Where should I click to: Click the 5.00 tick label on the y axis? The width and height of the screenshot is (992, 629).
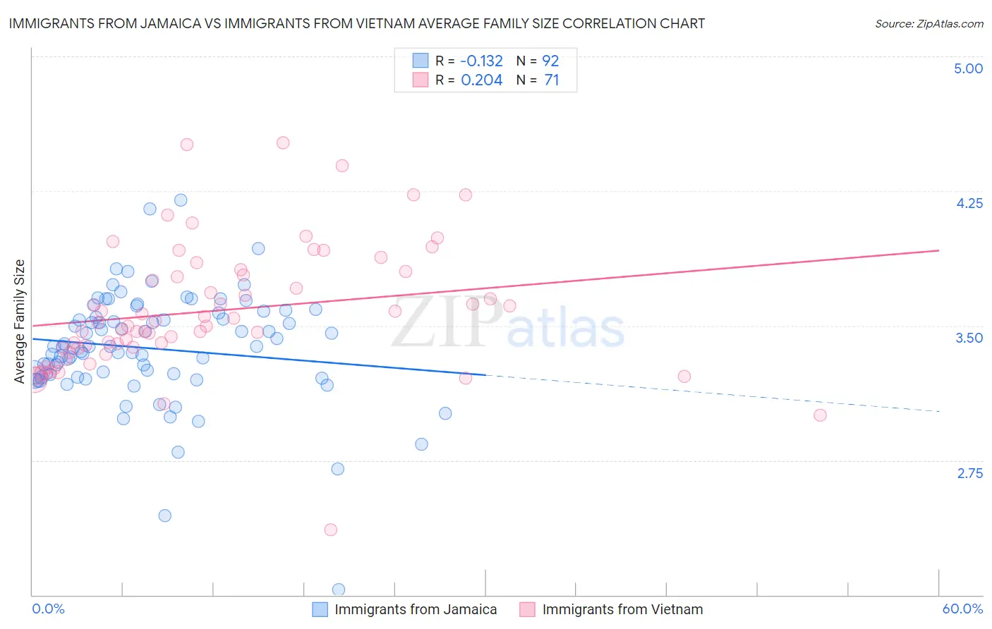tap(968, 68)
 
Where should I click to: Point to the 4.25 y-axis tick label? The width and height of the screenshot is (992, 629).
tap(969, 203)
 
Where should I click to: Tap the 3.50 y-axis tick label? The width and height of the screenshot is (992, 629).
tap(969, 338)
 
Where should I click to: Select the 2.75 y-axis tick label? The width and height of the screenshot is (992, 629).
tap(969, 473)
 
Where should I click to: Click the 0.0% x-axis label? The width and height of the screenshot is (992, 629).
tap(48, 609)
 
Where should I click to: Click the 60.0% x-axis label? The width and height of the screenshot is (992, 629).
tap(962, 609)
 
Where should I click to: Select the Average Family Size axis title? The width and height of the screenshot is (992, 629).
tap(20, 322)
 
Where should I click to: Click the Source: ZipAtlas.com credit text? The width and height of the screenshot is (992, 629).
tap(929, 24)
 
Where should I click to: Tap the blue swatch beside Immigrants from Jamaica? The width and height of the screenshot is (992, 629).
tap(320, 609)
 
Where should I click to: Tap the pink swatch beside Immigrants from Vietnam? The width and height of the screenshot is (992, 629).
tap(527, 609)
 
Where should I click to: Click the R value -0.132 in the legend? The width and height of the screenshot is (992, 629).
tap(482, 61)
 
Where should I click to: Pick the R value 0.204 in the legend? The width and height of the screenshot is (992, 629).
tap(482, 80)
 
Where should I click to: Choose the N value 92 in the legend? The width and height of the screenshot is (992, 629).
tap(551, 61)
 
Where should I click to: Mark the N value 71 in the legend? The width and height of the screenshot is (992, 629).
tap(551, 80)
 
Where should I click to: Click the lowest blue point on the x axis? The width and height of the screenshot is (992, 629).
tap(339, 590)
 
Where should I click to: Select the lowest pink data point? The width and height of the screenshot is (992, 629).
tap(330, 530)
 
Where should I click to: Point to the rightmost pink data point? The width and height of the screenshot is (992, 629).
tap(820, 415)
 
